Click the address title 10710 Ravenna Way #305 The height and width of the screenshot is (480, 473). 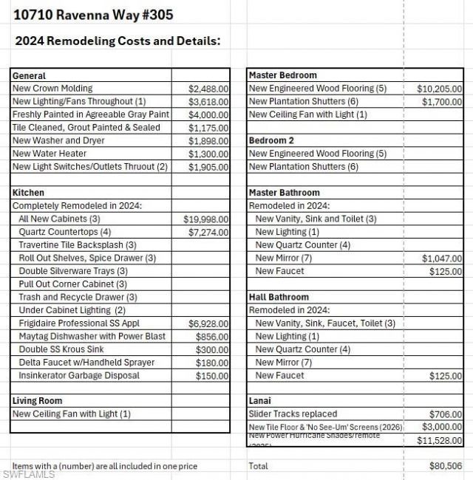point(94,15)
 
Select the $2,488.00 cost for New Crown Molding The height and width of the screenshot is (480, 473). point(208,89)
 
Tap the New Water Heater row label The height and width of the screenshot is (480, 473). point(50,154)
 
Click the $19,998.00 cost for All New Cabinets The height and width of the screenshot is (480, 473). point(205,219)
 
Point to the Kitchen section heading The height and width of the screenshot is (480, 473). point(28,193)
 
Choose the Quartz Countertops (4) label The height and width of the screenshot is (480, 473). point(65,232)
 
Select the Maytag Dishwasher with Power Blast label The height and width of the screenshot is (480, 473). point(87,336)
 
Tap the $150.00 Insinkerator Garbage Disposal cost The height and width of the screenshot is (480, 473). point(212,376)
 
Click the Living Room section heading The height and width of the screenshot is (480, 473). point(37,401)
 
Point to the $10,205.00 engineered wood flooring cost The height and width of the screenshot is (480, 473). point(439,89)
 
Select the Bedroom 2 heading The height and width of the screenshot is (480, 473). point(271,140)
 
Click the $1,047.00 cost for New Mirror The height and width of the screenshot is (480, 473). point(442,258)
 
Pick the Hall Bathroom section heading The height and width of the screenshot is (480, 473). point(279,298)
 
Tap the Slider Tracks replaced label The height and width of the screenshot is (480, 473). point(293,414)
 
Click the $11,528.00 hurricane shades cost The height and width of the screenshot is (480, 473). point(439,441)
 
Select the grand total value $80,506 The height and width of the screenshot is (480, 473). point(445,466)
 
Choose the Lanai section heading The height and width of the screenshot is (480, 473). point(260,401)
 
